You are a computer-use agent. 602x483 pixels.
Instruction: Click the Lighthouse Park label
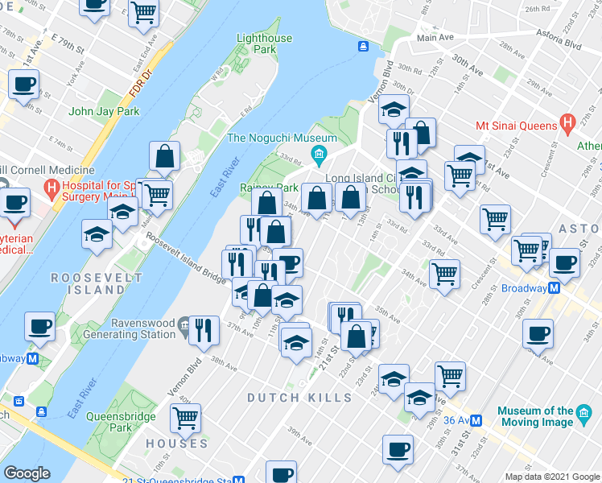coord(264,43)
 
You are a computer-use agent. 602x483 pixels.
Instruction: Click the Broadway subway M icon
coord(555,287)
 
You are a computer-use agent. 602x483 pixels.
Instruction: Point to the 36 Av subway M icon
coord(476,419)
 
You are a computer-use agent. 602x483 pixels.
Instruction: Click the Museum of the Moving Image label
coord(535,416)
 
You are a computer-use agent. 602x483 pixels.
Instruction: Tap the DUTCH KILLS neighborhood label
coord(299,398)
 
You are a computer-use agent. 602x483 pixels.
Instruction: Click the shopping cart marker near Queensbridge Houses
coord(185,417)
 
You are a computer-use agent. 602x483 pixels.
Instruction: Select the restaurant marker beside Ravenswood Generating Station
coord(204,329)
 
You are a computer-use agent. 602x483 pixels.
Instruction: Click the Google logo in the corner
coord(26,473)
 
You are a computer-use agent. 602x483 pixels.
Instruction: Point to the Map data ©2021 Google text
coord(551,477)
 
